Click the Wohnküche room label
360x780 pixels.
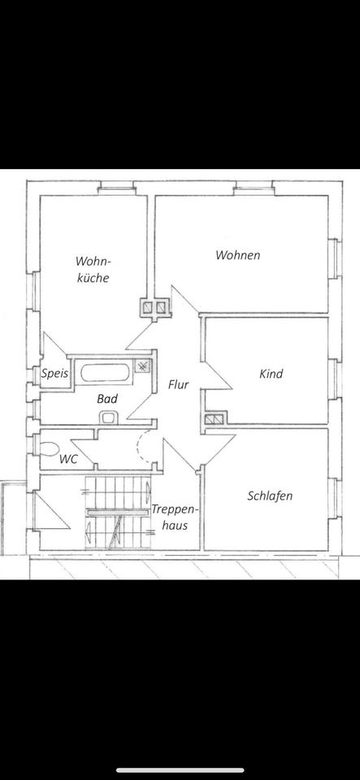coord(92,269)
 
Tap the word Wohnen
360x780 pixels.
coord(237,255)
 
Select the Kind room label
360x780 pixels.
coord(270,374)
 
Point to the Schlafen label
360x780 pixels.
coord(270,496)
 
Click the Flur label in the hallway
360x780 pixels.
coord(179,384)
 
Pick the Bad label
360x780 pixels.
coord(107,399)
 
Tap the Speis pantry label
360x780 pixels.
coord(54,375)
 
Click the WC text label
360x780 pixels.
coord(69,459)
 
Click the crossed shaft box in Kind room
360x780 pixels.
coord(214,420)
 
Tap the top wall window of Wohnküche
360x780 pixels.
coord(116,190)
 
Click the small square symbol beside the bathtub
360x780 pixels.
coord(142,366)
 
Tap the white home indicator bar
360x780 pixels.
coord(180,769)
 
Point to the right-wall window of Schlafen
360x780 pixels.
coord(332,496)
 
